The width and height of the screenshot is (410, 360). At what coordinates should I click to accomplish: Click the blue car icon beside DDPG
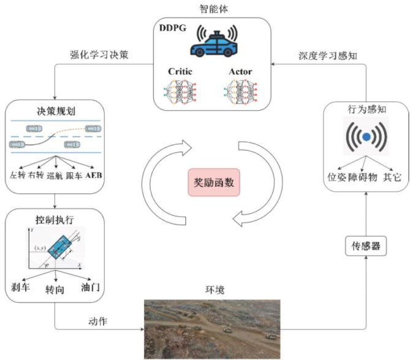[216, 43]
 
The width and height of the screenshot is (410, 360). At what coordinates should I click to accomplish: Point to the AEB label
[95, 176]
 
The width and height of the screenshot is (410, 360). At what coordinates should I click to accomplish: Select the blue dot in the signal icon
[366, 138]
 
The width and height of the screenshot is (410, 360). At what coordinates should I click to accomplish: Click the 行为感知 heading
[366, 110]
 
